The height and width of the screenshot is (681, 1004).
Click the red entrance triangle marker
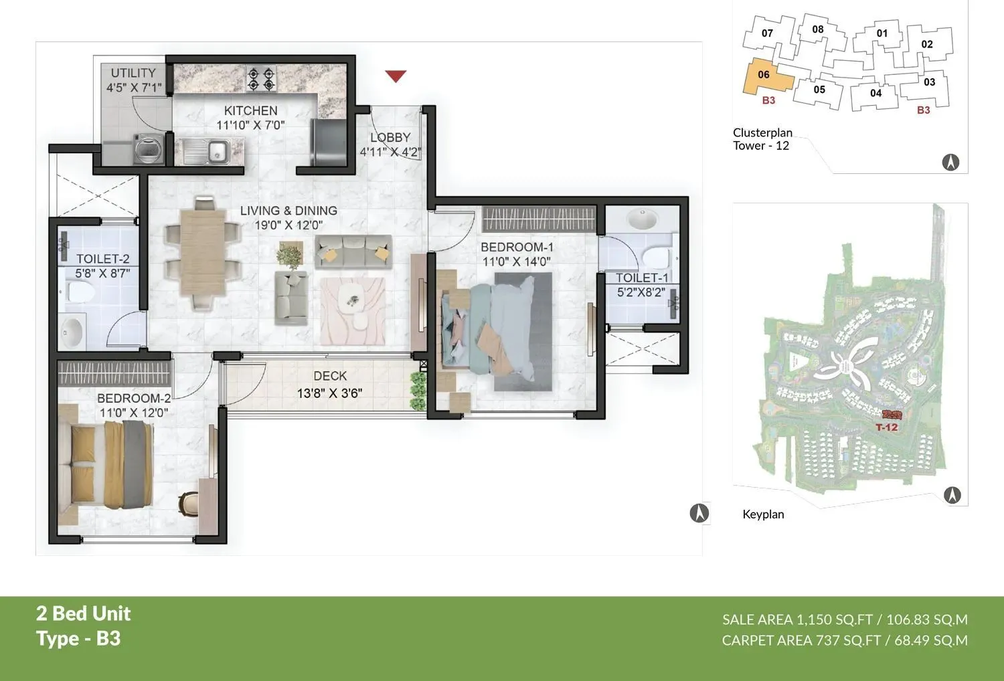(x=396, y=76)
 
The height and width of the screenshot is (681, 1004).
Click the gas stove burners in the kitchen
(x=261, y=79)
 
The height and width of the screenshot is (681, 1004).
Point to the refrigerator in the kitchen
(x=328, y=141)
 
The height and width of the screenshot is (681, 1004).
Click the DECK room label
(x=330, y=376)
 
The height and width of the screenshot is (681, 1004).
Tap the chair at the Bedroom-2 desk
(x=188, y=503)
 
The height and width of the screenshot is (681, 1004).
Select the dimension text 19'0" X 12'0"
(x=288, y=225)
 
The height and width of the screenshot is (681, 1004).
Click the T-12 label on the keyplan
(x=887, y=427)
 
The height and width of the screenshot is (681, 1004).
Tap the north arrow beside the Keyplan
(x=952, y=495)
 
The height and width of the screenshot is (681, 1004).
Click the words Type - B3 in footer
(x=78, y=639)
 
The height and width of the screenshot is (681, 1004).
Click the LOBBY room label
(x=390, y=137)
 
